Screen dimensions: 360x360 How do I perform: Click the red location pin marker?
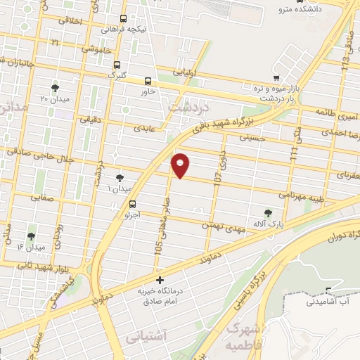(181, 166)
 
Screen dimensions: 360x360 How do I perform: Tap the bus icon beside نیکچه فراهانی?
(124, 19)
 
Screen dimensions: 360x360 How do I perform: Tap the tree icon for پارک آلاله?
(267, 212)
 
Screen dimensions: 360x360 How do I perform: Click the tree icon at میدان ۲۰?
(55, 88)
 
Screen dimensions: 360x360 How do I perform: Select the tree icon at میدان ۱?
(119, 179)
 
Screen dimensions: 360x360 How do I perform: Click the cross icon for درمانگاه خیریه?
(160, 279)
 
